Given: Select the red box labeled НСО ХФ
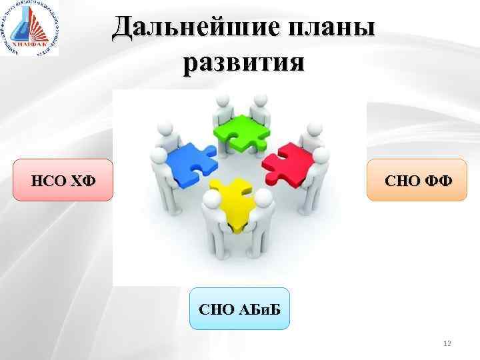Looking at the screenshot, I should (63, 180).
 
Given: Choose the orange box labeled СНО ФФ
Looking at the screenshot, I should (417, 180).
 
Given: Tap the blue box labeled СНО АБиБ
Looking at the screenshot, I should (240, 309).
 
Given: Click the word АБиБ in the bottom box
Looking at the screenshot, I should (257, 309).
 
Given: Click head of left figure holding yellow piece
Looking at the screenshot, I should (213, 199).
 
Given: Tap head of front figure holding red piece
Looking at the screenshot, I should (321, 155).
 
